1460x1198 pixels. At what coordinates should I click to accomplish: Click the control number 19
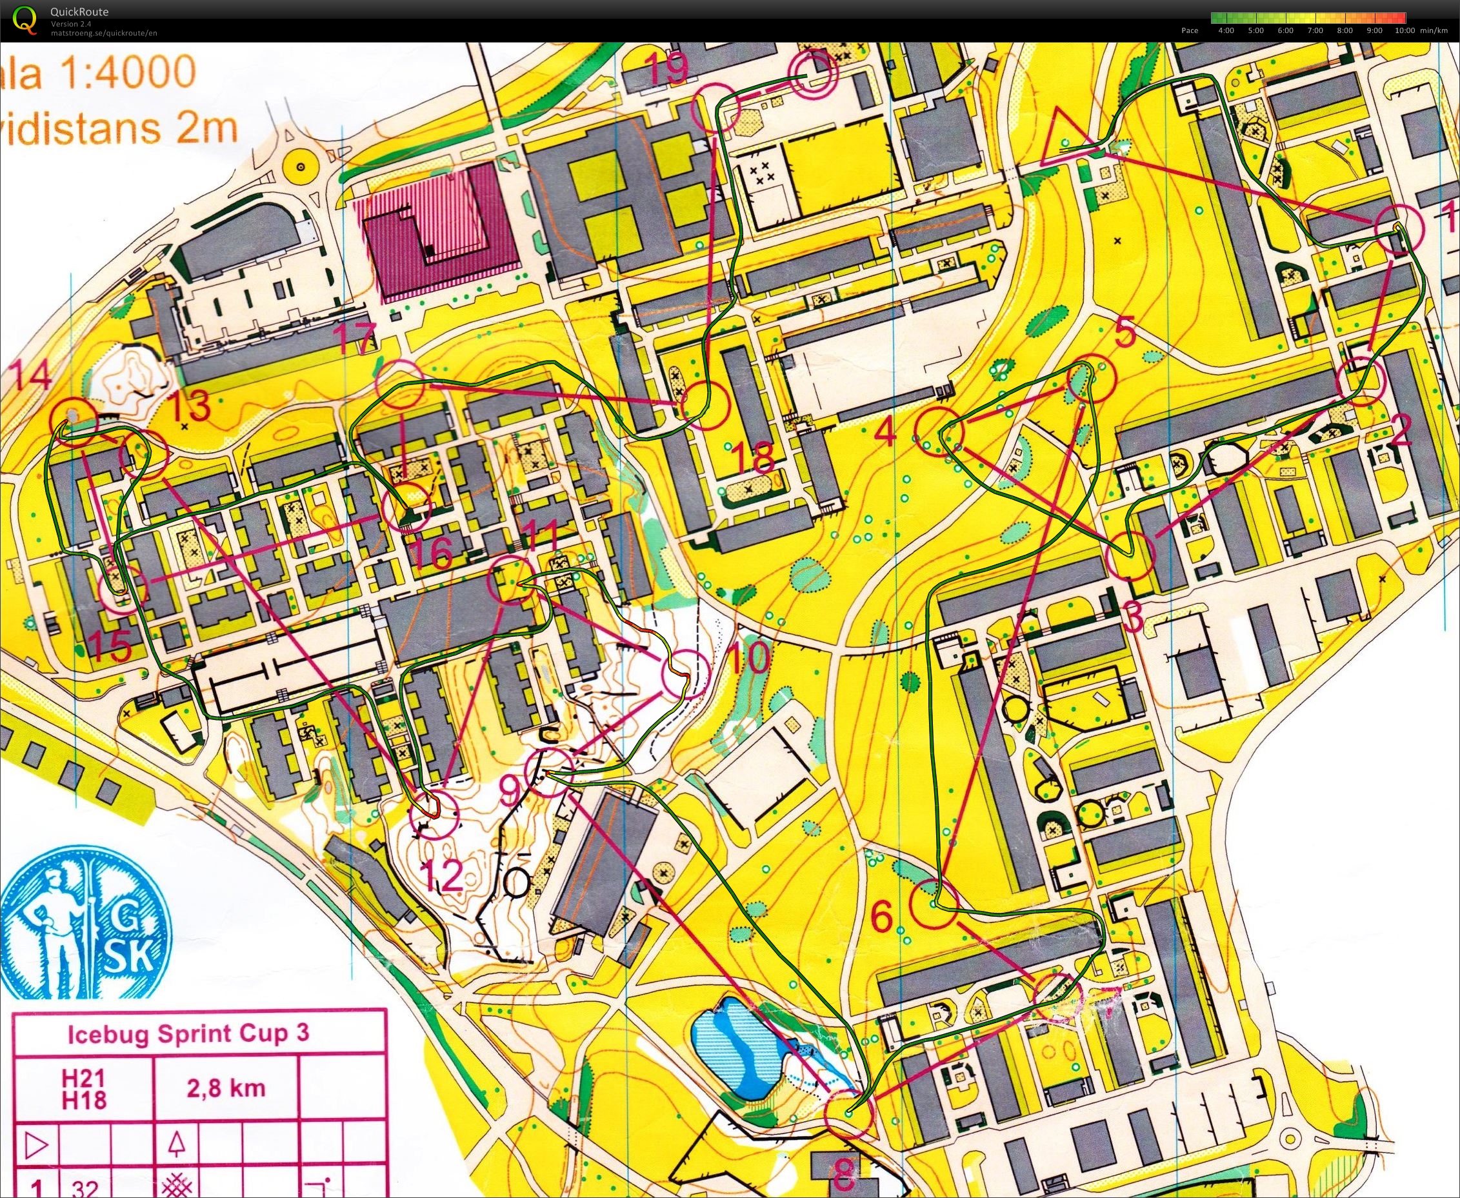668,68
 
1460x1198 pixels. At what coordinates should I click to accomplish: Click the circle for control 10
685,674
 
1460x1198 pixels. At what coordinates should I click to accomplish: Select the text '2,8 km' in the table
226,1088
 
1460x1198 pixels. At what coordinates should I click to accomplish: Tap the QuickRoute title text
79,12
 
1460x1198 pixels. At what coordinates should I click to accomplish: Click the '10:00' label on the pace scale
1404,30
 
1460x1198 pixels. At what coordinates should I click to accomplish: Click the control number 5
1123,335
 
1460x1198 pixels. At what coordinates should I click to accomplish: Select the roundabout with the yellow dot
299,167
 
